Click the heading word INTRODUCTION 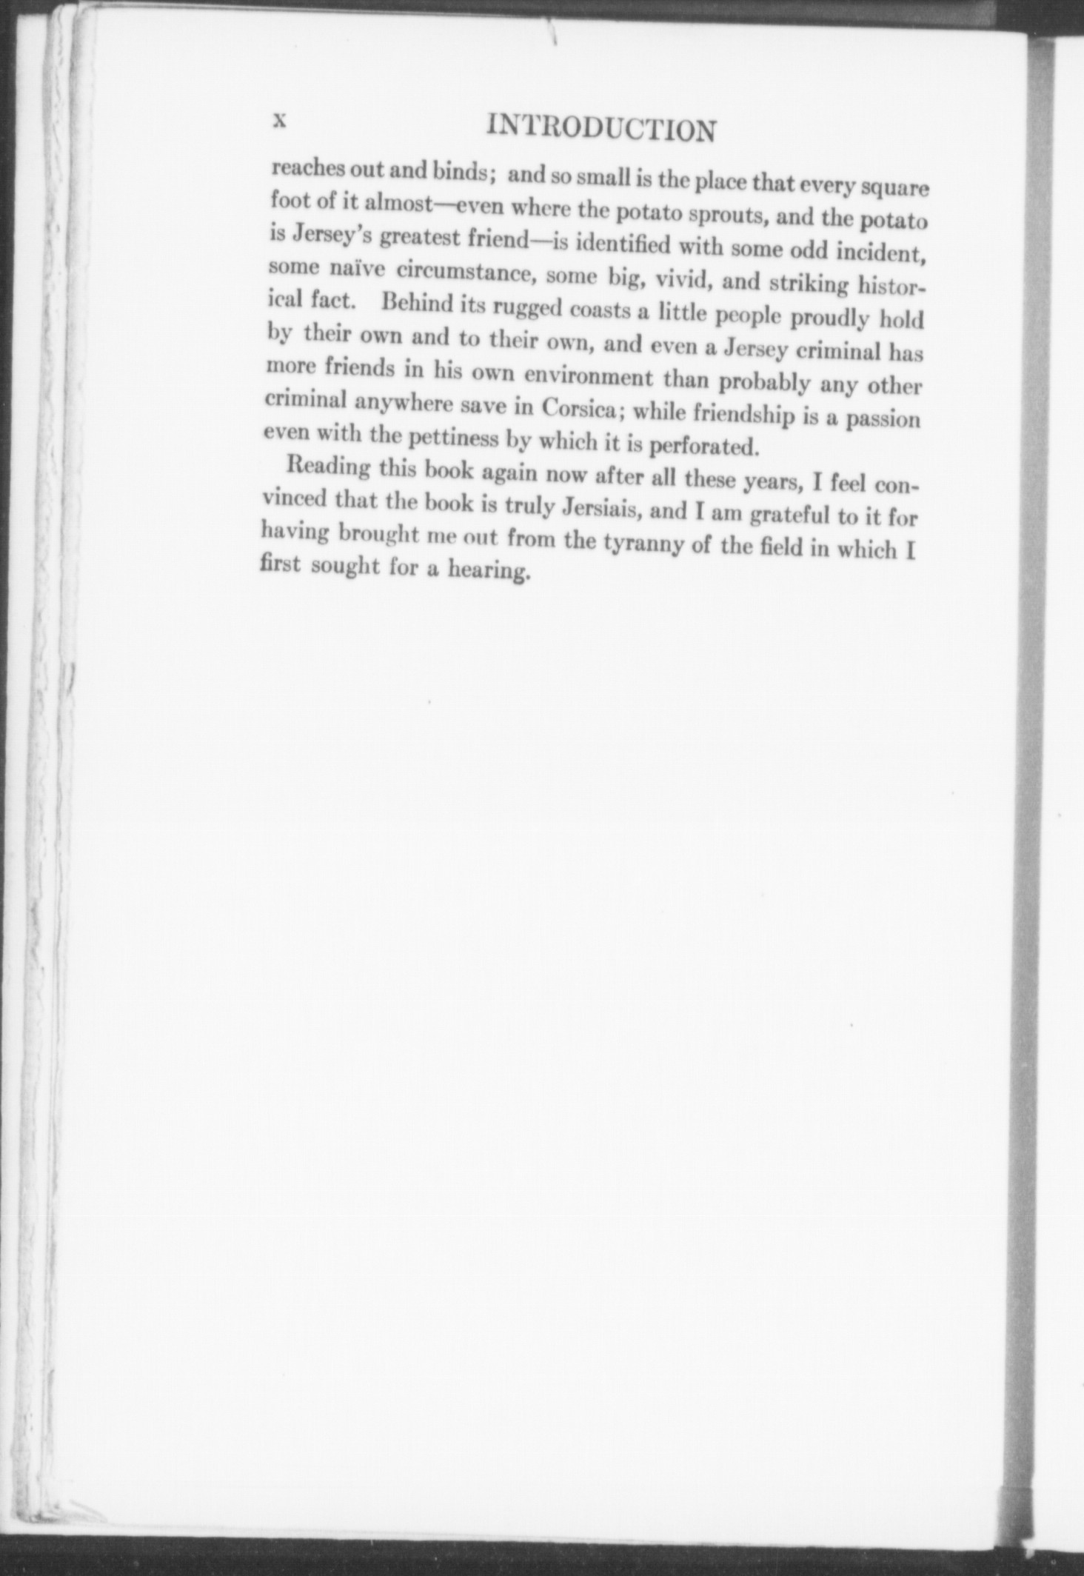tap(601, 129)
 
